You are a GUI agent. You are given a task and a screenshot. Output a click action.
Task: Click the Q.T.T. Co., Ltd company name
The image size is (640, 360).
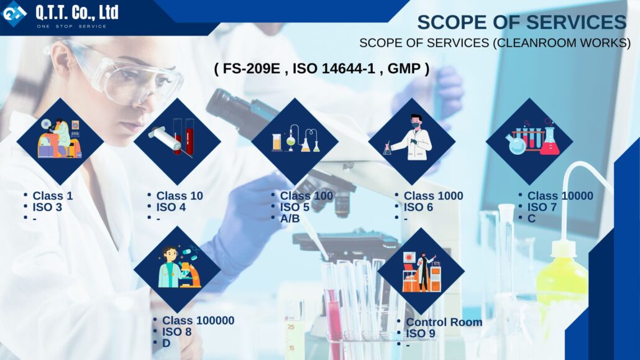(77, 12)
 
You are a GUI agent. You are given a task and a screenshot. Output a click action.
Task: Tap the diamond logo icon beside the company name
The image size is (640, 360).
(14, 13)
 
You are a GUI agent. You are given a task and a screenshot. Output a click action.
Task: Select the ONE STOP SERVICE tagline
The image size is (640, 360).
(72, 26)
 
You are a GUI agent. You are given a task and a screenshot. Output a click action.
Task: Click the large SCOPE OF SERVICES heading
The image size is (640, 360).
(522, 22)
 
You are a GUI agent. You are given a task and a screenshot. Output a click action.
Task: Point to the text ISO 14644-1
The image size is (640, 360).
(334, 68)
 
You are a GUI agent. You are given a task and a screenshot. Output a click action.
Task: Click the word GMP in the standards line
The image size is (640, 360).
(404, 68)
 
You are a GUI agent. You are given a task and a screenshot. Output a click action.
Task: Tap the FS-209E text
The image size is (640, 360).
(252, 68)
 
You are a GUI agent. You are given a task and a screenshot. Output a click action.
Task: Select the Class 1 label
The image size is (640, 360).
(53, 196)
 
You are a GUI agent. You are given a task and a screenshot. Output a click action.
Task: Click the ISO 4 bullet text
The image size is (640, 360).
(171, 207)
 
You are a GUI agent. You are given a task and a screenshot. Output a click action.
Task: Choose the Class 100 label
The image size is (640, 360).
(306, 196)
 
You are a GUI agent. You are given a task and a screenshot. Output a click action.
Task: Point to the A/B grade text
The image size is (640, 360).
(290, 219)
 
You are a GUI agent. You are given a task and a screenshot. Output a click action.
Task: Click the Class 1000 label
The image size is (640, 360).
(434, 196)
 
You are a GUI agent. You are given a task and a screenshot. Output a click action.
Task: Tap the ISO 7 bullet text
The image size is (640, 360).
(542, 207)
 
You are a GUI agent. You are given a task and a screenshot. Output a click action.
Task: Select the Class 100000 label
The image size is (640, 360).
(198, 320)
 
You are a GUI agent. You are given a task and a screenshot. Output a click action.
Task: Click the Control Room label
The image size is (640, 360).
(444, 322)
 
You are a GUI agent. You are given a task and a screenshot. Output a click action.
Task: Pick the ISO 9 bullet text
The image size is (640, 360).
(421, 333)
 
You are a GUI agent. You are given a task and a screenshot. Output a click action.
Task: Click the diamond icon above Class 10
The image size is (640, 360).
(178, 141)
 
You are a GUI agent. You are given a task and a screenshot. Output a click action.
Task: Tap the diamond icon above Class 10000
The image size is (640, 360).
(530, 141)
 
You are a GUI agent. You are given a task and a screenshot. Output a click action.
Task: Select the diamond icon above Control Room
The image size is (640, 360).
(421, 271)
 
